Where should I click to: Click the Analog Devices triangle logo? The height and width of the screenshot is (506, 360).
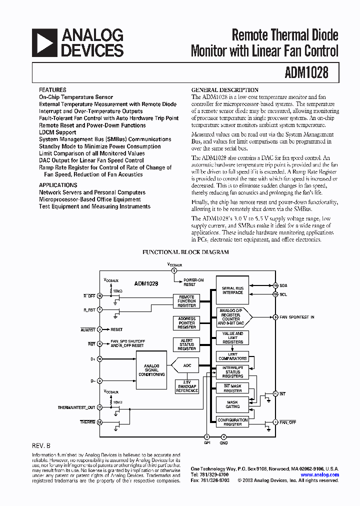[x=44, y=43]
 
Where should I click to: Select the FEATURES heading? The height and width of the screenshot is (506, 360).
[x=52, y=90]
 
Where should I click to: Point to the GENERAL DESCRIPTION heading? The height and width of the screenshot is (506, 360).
[x=225, y=90]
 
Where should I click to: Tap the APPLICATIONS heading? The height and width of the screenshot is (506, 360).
[x=58, y=185]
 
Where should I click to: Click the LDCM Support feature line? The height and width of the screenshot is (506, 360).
[x=57, y=132]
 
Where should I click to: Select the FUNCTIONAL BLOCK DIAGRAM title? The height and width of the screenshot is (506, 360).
[x=186, y=252]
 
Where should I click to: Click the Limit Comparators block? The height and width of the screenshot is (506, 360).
[x=232, y=356]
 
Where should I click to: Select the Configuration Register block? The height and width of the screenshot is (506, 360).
[x=232, y=422]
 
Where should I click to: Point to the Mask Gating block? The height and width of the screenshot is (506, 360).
[x=232, y=403]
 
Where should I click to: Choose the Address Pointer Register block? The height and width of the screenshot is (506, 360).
[x=186, y=322]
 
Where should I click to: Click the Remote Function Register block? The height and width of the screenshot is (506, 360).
[x=186, y=301]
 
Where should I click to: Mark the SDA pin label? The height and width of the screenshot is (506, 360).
[x=283, y=285]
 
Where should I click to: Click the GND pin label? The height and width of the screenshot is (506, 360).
[x=223, y=442]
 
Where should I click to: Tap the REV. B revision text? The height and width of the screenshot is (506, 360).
[x=41, y=445]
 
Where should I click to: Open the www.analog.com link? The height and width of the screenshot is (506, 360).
[x=319, y=475]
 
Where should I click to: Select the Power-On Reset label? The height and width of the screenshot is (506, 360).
[x=190, y=282]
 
